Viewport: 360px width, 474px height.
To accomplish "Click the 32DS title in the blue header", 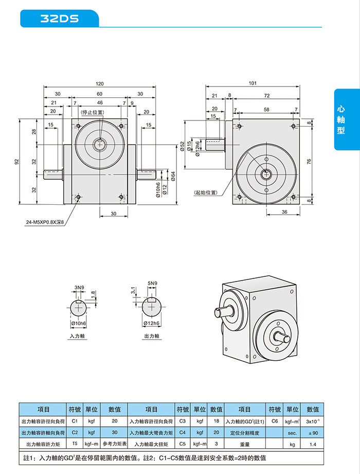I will (60, 19).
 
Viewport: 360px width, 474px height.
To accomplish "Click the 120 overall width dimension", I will (100, 84).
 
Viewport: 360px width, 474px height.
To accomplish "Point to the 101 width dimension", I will (253, 83).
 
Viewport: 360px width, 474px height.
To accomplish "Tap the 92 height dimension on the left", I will (17, 162).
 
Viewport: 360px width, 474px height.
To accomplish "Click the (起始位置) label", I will (205, 192).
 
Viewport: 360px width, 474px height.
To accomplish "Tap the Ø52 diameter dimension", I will (182, 147).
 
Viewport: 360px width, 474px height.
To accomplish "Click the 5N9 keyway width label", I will (152, 284).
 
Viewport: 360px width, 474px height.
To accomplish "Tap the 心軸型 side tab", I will (341, 120).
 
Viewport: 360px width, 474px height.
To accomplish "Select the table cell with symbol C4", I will (183, 432).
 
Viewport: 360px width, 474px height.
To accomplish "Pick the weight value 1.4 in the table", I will (313, 444).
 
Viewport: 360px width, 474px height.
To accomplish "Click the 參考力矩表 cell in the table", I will (114, 444).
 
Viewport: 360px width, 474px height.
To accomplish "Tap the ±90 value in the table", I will (313, 432).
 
